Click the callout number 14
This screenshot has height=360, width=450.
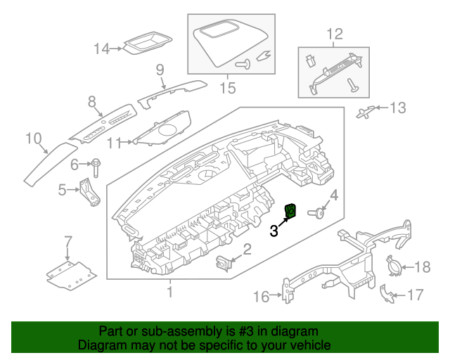[x=103, y=49]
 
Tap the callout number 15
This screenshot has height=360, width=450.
[x=227, y=88]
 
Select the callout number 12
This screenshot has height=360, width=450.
[x=335, y=34]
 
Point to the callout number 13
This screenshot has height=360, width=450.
[x=398, y=108]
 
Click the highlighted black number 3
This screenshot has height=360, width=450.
[x=276, y=230]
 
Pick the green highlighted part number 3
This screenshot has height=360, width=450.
[x=290, y=210]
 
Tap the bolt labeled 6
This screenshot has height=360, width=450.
[x=95, y=167]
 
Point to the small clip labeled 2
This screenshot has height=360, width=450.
[x=224, y=262]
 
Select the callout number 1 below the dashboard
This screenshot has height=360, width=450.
[x=169, y=291]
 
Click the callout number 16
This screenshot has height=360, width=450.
[x=261, y=297]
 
